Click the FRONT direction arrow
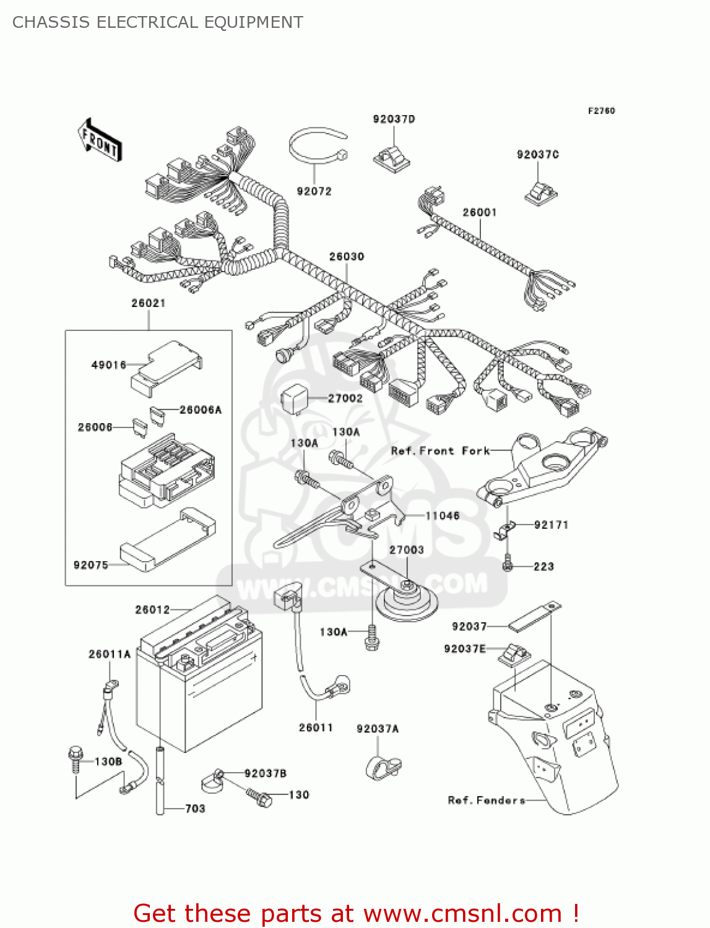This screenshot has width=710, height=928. tap(99, 141)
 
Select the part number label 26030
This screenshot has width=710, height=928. tap(346, 257)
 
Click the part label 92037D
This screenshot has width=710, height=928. tap(394, 119)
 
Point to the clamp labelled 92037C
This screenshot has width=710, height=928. tap(541, 192)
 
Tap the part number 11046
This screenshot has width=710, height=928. tap(442, 516)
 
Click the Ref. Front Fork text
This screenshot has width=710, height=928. tap(440, 451)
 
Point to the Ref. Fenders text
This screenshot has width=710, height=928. tap(487, 801)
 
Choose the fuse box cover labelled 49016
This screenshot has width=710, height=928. tap(166, 366)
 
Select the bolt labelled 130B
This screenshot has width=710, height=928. tap(75, 759)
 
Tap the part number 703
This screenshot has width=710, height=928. tap(195, 809)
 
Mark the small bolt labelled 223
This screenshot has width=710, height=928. tap(508, 564)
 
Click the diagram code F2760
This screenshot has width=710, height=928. tap(601, 111)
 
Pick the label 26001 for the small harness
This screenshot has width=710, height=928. tap(480, 213)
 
